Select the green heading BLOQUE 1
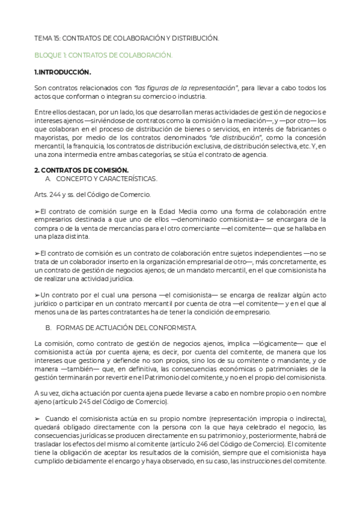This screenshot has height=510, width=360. pos(103,55)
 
